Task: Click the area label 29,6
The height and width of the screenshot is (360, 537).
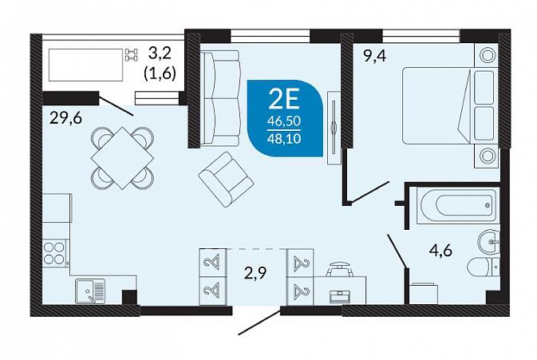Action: [x=65, y=119]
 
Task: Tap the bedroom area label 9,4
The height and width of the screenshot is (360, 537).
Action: [x=375, y=56]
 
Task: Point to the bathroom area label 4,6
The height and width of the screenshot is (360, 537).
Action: [x=440, y=251]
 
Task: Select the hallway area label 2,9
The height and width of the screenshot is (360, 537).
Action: [x=255, y=274]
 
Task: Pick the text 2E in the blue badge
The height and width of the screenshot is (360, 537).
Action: [x=284, y=100]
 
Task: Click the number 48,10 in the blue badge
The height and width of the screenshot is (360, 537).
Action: [x=284, y=139]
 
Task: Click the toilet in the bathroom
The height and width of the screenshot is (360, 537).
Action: [x=483, y=267]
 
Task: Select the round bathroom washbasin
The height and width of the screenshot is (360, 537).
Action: [x=488, y=241]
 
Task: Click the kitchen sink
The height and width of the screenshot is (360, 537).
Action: [x=90, y=291]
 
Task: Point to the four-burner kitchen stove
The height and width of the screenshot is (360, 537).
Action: [x=55, y=253]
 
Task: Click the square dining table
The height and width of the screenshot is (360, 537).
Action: [x=122, y=158]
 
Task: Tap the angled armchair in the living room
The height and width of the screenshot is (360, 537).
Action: [x=226, y=179]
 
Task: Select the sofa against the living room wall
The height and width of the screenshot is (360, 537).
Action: [x=219, y=98]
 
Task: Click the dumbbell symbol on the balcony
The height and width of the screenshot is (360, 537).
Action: [x=132, y=55]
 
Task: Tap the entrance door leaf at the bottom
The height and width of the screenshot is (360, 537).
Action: [x=260, y=322]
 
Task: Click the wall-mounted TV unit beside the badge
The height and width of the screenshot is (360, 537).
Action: [x=334, y=128]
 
